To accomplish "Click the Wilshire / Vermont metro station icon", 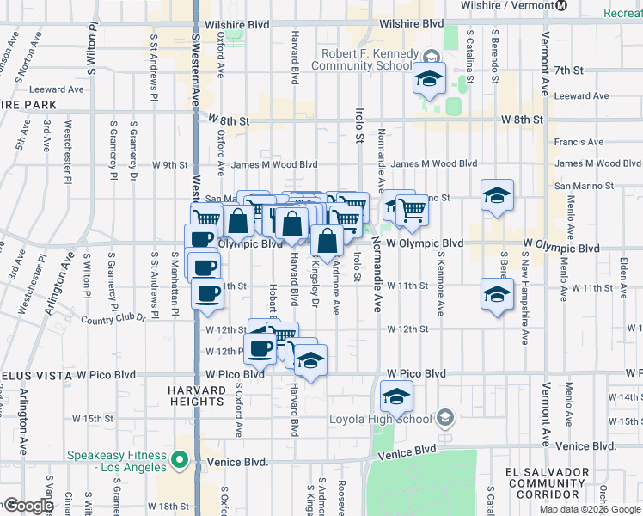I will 561,6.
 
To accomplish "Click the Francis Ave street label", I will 579,143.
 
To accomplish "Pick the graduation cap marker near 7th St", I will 427,79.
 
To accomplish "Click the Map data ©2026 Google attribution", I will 590,509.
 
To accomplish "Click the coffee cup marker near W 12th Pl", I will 260,348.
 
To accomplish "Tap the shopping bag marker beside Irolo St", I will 328,242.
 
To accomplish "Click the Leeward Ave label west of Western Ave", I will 55,89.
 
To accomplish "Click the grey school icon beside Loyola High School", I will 444,419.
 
